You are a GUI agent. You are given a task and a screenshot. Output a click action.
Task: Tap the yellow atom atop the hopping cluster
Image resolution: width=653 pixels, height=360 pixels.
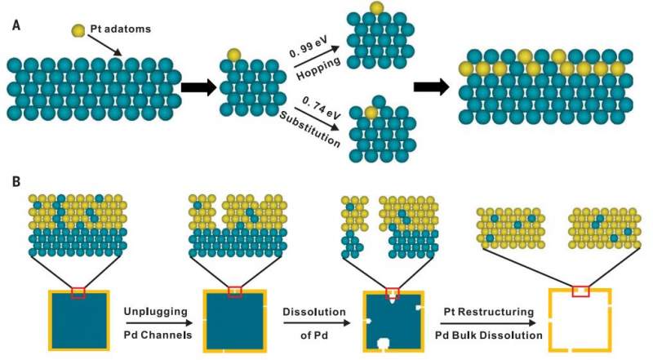tap(375, 8)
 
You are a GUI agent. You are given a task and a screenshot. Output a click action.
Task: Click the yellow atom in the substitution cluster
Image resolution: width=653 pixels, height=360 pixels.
tap(373, 112)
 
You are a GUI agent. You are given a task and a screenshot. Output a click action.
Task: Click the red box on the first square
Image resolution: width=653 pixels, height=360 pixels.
tap(78, 292)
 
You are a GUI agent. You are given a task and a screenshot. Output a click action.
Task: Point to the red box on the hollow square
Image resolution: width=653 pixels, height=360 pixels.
tap(580, 290)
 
